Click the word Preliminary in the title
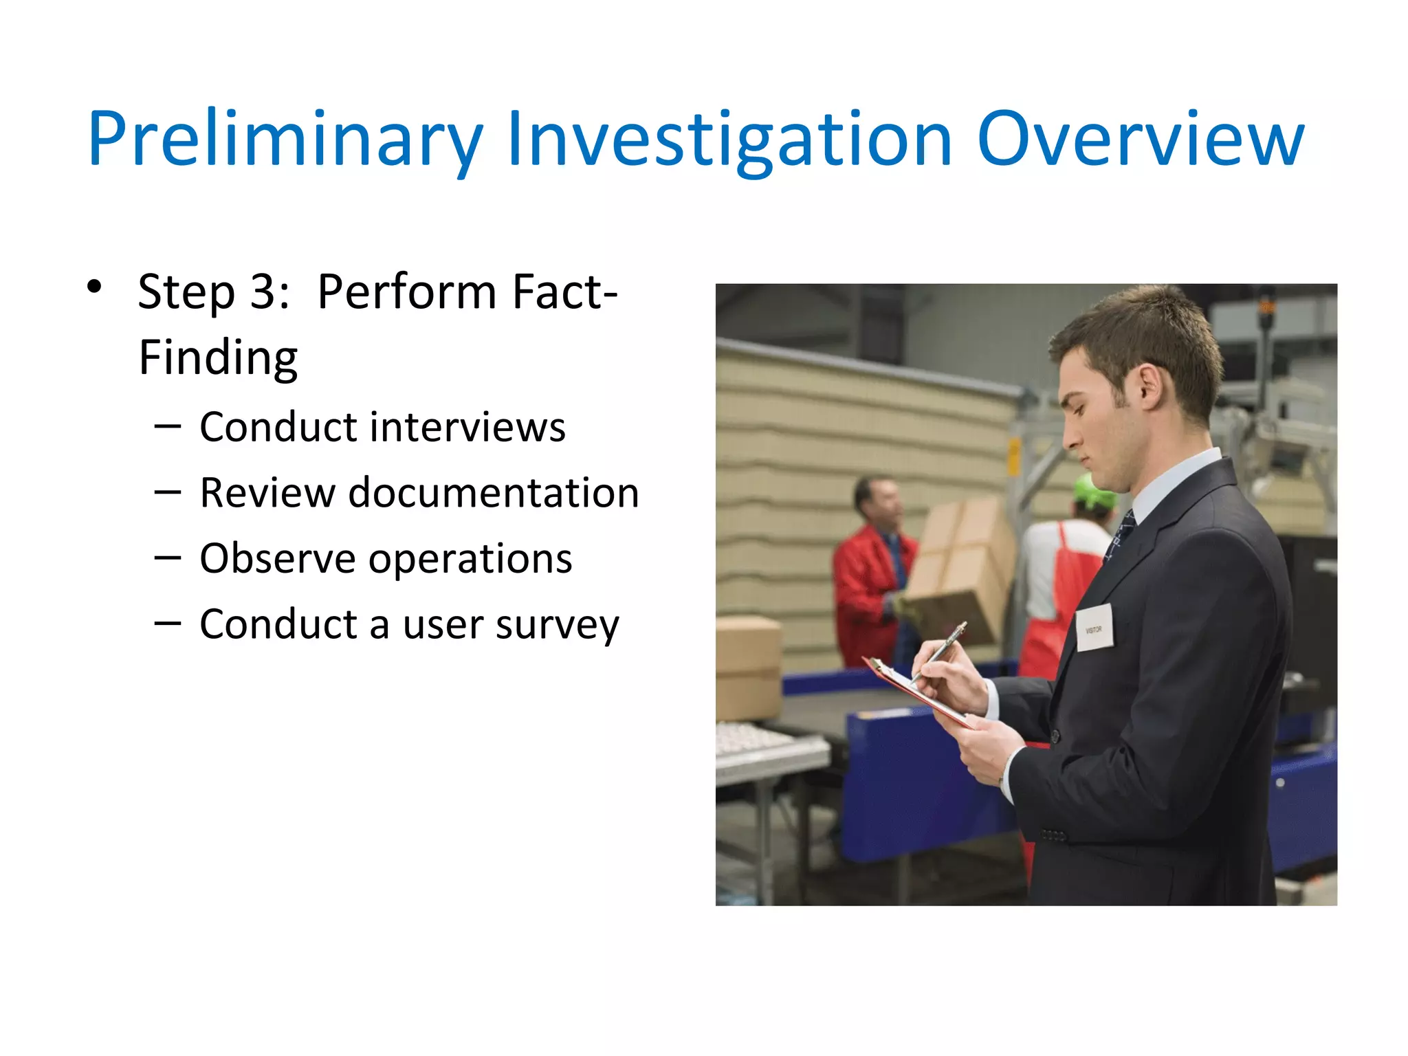click(x=285, y=140)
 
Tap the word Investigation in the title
click(x=729, y=140)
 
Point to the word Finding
click(x=218, y=358)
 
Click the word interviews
click(x=467, y=427)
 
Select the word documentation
click(x=494, y=493)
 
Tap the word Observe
click(x=276, y=558)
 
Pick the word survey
click(x=557, y=625)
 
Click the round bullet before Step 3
click(x=94, y=287)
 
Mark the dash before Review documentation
click(x=168, y=493)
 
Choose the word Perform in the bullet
click(x=406, y=292)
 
